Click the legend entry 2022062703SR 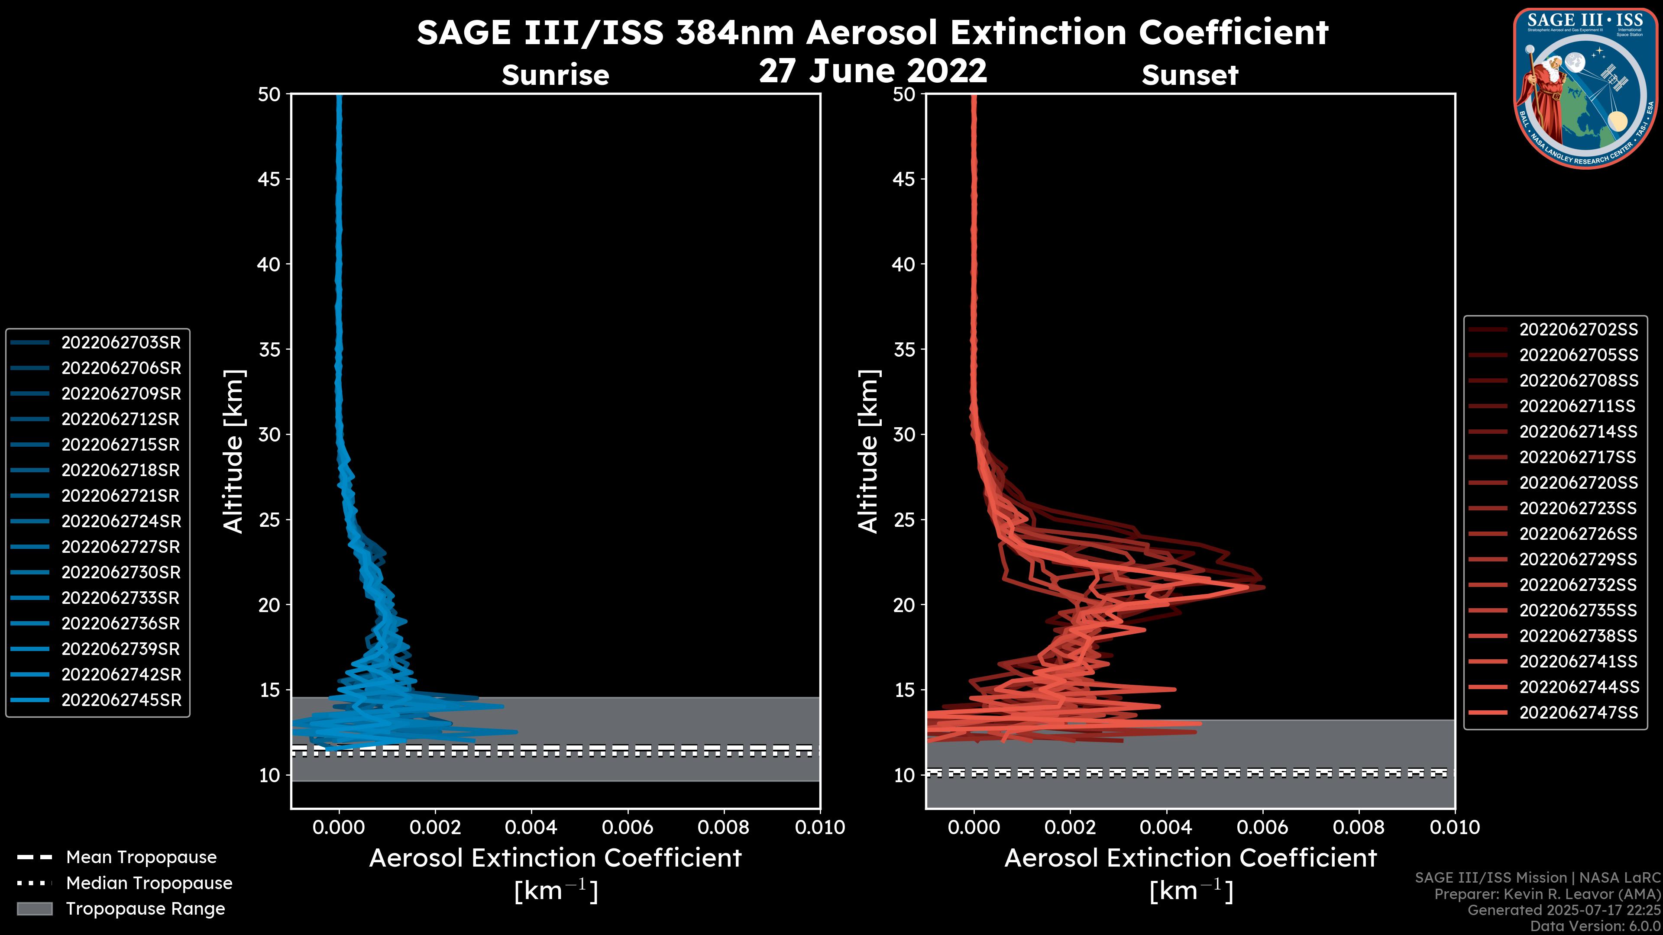(x=121, y=343)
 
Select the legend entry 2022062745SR (x=121, y=700)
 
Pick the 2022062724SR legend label (x=121, y=521)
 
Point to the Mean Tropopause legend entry (x=141, y=857)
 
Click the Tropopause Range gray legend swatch (x=34, y=909)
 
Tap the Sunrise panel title (x=555, y=75)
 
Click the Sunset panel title (x=1190, y=75)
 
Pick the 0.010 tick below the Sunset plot (x=1455, y=827)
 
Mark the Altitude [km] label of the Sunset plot (x=868, y=451)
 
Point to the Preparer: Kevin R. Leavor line (x=1547, y=894)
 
